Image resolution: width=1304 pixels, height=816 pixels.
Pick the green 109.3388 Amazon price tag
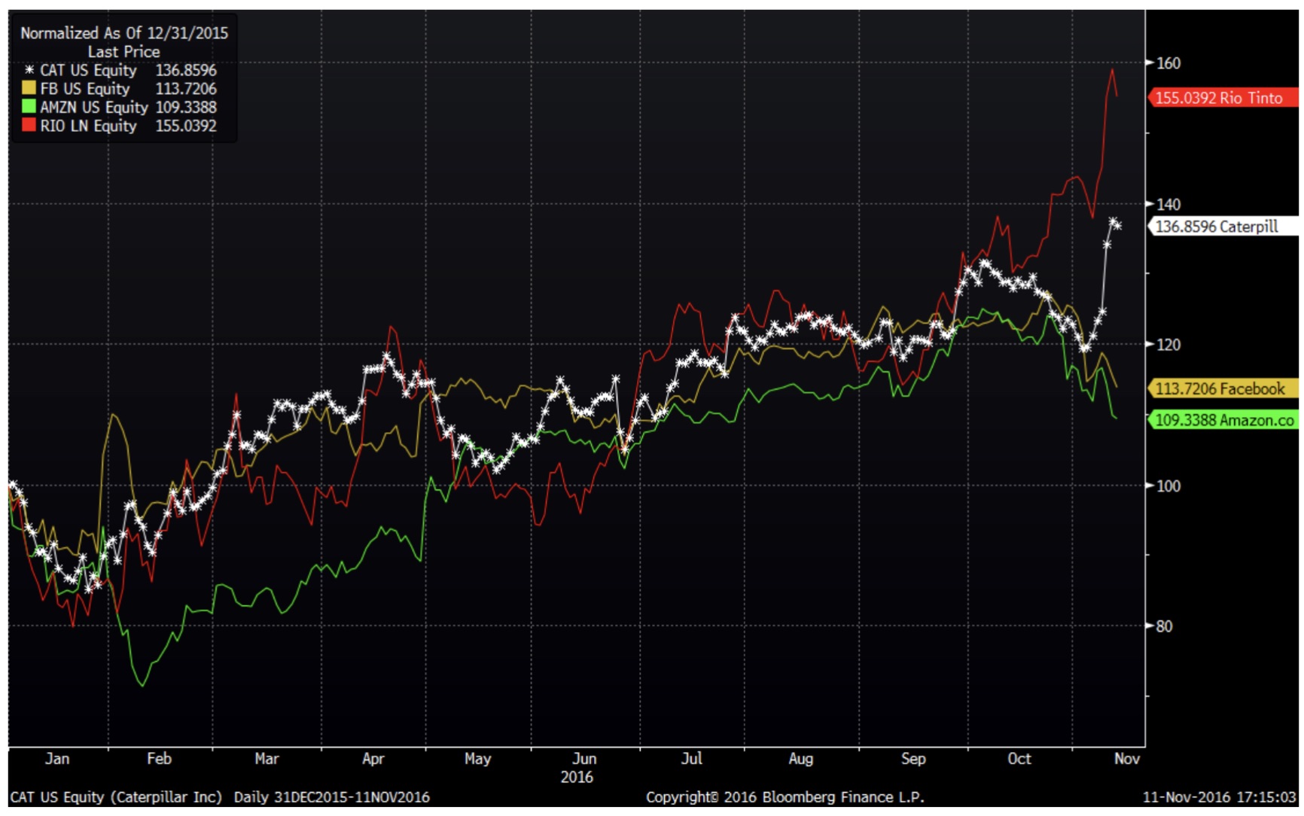(1223, 420)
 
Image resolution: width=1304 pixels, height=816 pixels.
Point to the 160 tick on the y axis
(1168, 63)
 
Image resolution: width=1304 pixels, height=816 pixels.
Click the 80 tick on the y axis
(1164, 626)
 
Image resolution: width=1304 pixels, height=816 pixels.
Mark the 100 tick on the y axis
(1168, 486)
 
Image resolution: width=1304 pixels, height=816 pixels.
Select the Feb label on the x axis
(159, 759)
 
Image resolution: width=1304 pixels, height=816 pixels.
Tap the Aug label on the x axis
(800, 759)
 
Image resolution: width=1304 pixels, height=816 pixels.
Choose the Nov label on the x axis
(1126, 759)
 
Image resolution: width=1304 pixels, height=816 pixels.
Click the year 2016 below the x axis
(577, 778)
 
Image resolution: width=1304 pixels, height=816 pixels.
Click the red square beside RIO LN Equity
(29, 126)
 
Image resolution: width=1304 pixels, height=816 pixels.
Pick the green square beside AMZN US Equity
(29, 107)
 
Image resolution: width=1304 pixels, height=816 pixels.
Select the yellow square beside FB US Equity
(29, 88)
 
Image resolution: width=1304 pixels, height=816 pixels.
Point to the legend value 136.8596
(186, 70)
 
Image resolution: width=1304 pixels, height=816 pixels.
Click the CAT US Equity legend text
(88, 70)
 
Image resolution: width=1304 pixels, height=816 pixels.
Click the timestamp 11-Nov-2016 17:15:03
(1218, 797)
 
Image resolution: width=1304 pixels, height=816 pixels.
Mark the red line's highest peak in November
(1112, 69)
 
